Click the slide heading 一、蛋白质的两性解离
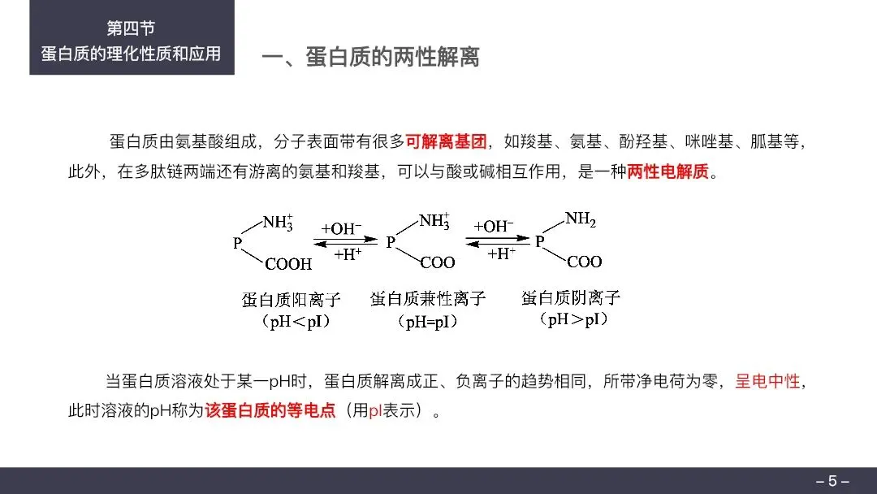tap(370, 57)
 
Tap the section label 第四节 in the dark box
tap(132, 28)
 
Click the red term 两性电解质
tap(668, 172)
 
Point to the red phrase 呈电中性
tap(768, 380)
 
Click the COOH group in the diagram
tap(287, 263)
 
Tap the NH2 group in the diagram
tap(581, 219)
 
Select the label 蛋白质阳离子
tap(291, 299)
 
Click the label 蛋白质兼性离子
tap(427, 298)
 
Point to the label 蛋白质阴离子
tap(571, 297)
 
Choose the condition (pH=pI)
tap(427, 322)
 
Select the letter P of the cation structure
tap(238, 241)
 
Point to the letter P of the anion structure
tap(540, 241)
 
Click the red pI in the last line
tap(375, 410)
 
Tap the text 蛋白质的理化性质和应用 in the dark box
tap(132, 54)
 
